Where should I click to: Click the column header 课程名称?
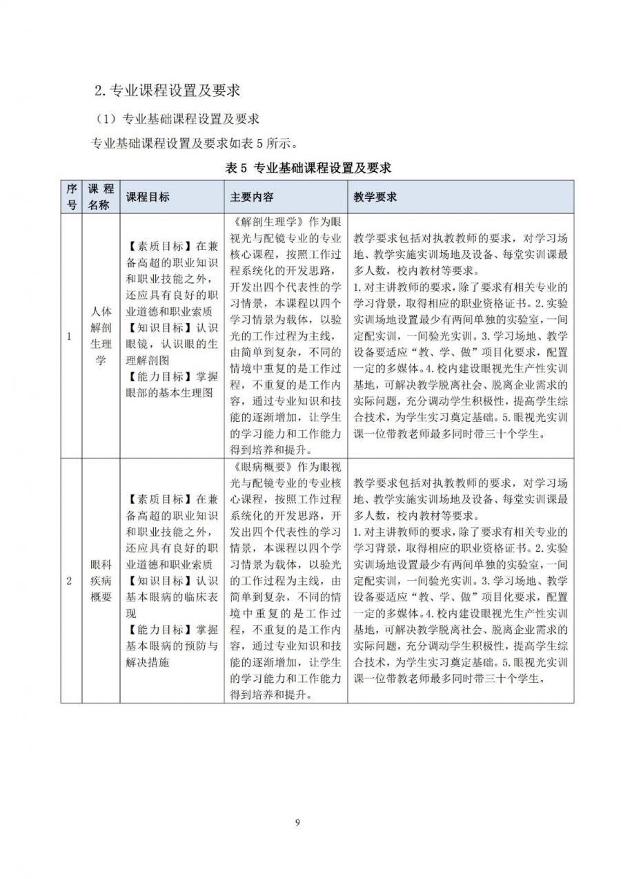point(100,197)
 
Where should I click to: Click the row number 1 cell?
point(69,336)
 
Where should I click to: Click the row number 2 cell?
point(69,581)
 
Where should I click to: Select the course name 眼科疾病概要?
point(100,581)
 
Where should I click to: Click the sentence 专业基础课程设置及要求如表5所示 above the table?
point(195,144)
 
